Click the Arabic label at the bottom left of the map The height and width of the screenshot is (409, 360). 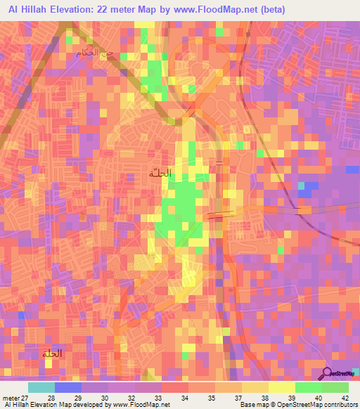pos(49,353)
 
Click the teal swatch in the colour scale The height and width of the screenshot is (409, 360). pos(41,387)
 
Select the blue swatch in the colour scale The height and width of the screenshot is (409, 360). pos(67,387)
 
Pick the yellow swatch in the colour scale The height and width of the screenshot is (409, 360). pos(281,387)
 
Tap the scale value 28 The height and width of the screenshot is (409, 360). pos(51,398)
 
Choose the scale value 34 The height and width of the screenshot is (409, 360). pos(185,398)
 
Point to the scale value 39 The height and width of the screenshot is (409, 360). pos(291,398)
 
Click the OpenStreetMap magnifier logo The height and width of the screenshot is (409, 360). pos(328,373)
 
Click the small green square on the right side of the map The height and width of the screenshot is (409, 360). pos(304,187)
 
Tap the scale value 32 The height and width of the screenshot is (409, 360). pos(131,398)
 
